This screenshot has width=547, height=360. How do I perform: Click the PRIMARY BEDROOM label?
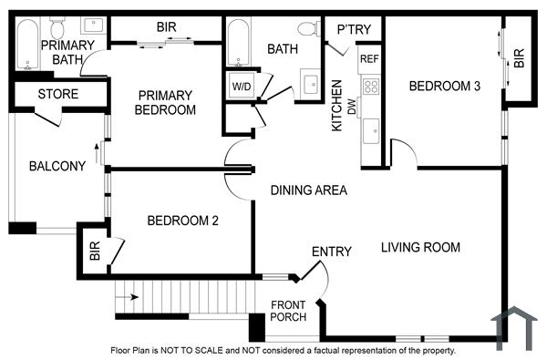166,102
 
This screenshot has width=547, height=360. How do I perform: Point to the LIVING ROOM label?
420,247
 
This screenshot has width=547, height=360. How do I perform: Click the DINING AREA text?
309,190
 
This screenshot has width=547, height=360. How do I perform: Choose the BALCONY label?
57,166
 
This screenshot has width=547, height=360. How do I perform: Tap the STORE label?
57,94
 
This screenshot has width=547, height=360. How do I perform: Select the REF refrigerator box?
369,59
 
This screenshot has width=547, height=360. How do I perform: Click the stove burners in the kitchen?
371,87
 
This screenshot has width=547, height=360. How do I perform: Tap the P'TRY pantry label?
354,30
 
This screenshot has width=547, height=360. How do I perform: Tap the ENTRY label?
331,252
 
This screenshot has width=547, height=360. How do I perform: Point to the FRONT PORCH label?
288,312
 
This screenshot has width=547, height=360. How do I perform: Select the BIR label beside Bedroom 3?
519,58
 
